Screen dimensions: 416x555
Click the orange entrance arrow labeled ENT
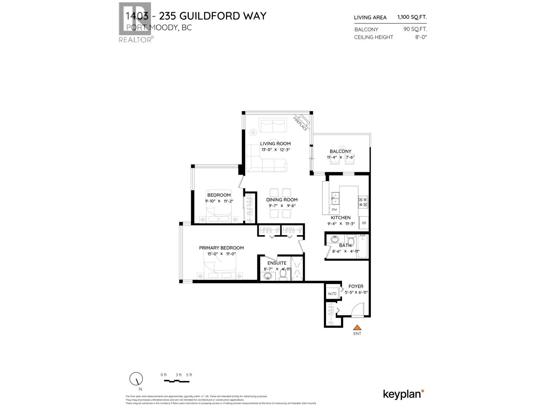tap(357, 327)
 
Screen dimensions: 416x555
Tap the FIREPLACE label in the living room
tap(300, 124)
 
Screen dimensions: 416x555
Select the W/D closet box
tap(332, 294)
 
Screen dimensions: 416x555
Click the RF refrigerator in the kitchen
tap(364, 223)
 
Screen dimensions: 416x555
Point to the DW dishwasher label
tap(334, 210)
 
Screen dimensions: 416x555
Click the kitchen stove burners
tap(363, 202)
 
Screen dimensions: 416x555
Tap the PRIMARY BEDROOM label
tap(221, 248)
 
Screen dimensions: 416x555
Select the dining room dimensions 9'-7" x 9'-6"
tap(282, 206)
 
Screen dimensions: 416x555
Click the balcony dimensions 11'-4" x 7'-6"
tap(340, 157)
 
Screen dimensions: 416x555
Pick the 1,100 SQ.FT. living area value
tap(412, 17)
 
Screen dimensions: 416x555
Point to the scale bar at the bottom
tap(177, 381)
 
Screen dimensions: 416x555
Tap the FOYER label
tap(356, 286)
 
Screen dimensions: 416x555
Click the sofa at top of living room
tap(273, 125)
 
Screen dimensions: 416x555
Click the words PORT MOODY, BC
tap(159, 28)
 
